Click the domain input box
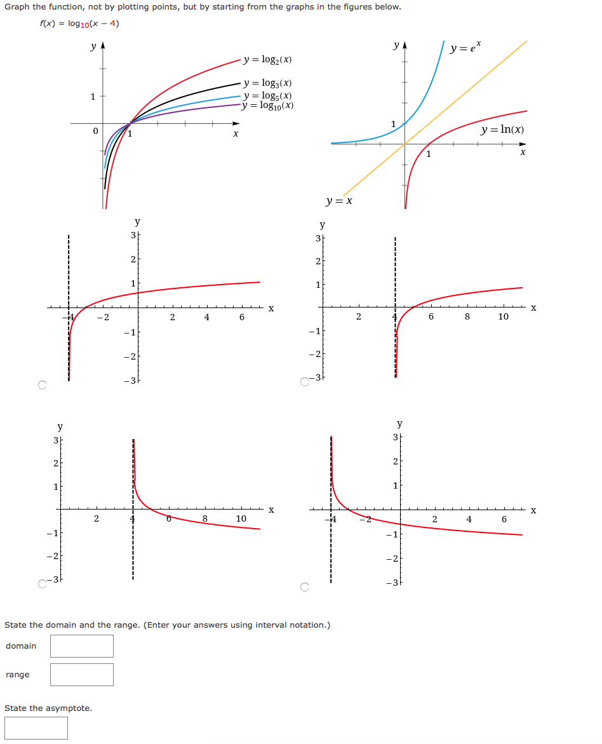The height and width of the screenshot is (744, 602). (82, 646)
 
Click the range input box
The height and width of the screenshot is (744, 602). (82, 675)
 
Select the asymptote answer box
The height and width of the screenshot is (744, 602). (36, 728)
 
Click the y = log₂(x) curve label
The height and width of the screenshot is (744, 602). (268, 60)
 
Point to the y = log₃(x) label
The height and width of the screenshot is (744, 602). (268, 83)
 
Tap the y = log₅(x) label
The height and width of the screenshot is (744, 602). (268, 95)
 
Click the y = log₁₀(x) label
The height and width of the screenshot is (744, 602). (268, 105)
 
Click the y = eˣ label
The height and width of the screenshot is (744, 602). (466, 48)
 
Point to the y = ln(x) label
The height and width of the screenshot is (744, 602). (502, 130)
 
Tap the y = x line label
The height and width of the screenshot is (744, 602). (339, 201)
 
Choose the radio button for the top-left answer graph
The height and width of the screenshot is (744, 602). (43, 385)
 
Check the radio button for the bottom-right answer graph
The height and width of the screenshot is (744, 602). (304, 588)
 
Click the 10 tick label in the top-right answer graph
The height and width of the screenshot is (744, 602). (503, 316)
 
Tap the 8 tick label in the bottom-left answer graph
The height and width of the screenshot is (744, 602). (204, 518)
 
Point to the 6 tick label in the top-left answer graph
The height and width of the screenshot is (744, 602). (241, 318)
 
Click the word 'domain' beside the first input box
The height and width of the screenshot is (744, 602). (21, 646)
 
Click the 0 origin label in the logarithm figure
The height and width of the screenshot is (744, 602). (95, 132)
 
